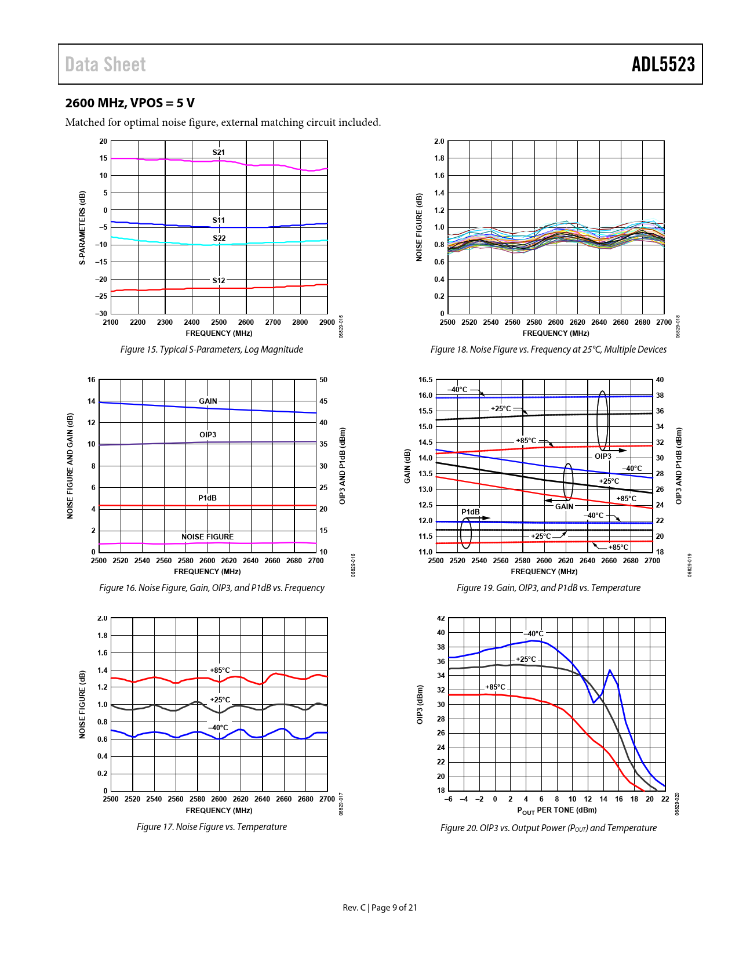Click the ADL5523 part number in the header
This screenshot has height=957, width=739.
663,64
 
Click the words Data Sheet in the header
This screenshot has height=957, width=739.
105,64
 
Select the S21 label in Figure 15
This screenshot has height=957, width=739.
219,153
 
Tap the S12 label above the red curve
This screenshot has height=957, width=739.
219,281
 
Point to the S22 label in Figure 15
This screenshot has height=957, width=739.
219,238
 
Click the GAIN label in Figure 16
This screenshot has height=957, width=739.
208,401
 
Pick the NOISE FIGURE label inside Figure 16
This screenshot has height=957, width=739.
207,537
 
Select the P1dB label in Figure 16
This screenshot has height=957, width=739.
207,498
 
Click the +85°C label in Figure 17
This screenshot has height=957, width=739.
220,670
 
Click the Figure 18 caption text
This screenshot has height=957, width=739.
548,350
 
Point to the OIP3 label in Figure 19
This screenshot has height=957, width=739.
603,456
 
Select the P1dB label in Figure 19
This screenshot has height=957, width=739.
471,512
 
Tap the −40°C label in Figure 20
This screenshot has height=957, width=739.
534,634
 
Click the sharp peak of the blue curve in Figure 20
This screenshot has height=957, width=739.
610,670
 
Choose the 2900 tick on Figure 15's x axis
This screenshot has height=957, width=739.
327,322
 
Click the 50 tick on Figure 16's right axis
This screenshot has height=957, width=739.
323,380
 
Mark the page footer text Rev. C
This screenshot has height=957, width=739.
354,908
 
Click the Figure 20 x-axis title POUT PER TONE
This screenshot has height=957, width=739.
557,810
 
